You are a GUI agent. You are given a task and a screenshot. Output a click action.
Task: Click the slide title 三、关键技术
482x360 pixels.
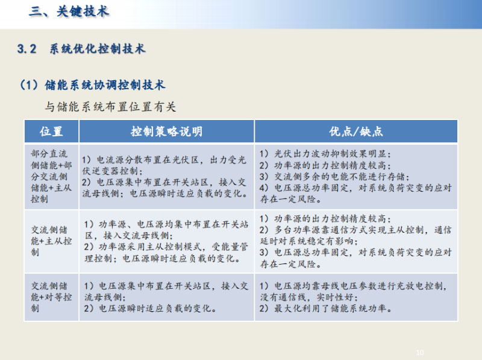coord(69,11)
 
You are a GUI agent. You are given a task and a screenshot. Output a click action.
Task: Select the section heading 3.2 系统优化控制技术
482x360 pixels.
coord(81,49)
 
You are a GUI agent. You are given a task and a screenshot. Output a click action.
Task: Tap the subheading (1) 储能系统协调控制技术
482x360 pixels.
coord(93,85)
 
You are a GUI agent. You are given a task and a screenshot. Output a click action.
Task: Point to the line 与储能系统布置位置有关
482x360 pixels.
coord(110,107)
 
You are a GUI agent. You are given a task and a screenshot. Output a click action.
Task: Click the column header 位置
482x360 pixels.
coord(51,131)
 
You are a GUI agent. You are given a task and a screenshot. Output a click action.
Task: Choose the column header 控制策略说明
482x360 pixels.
coord(167,131)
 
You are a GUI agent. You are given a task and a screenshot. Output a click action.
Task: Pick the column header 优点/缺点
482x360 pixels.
coord(356,131)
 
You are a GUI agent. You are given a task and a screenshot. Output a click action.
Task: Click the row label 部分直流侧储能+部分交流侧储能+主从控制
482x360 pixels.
coord(51,176)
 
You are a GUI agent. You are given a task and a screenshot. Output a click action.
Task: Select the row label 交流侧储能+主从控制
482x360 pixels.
coord(51,241)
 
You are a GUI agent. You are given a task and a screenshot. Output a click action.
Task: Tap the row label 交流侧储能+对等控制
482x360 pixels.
coord(51,297)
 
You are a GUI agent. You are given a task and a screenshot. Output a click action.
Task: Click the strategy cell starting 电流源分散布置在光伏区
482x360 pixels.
coord(164,177)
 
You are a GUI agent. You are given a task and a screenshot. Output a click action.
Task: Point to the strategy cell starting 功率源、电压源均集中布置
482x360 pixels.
coord(166,241)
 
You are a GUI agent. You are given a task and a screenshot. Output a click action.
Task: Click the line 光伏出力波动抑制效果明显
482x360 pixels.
coord(325,154)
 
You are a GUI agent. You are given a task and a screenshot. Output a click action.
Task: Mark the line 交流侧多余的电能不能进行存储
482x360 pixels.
coord(334,177)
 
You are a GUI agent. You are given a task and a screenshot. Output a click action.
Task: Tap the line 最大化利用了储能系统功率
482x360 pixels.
coord(325,308)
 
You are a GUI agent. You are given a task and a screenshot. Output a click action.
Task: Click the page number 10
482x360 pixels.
coord(420,352)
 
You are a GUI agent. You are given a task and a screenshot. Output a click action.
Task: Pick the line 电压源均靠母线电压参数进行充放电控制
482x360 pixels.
coord(353,286)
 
